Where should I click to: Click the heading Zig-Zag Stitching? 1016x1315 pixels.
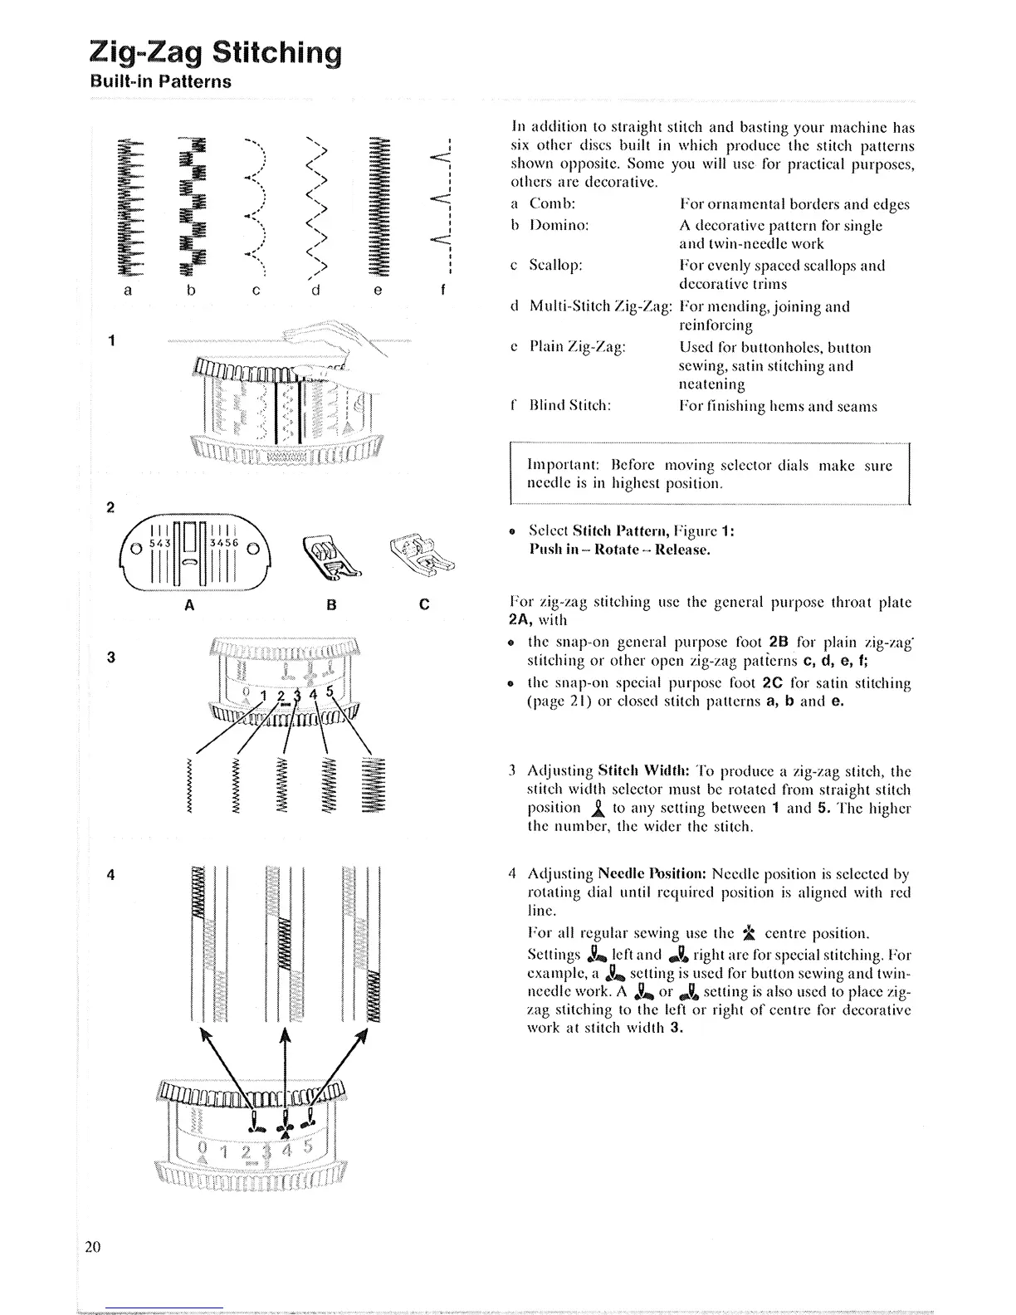click(215, 52)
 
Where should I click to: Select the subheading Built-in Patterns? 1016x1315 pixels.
click(160, 82)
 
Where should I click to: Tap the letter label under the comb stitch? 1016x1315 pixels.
click(127, 291)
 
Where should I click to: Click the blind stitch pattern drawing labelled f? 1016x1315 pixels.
click(440, 203)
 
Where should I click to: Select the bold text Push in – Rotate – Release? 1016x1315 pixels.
click(619, 550)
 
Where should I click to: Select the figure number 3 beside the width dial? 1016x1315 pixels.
click(111, 657)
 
